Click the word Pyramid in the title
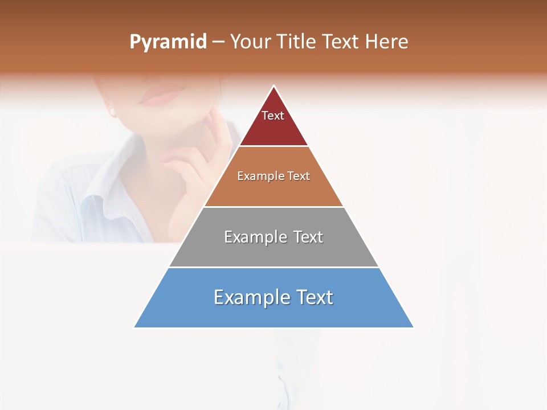168,42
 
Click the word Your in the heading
250,42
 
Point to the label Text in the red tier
273,116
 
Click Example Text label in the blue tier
273,297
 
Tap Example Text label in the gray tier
273,237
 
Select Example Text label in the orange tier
273,176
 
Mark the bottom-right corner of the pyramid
413,327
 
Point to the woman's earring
112,112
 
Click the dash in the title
218,42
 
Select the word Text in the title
341,42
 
